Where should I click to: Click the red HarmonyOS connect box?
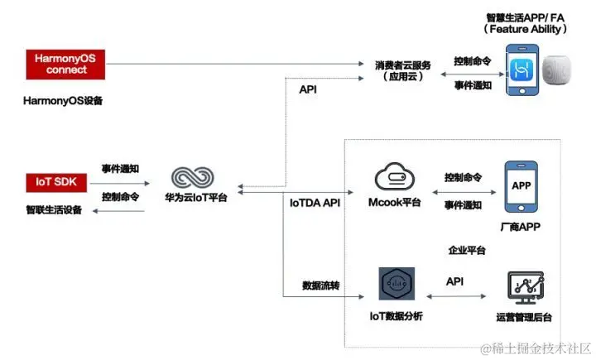coord(67,64)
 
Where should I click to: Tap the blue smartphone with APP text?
coord(521,188)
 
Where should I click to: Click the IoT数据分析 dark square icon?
coord(397,285)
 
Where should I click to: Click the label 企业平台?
coord(467,250)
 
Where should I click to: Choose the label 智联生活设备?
coord(54,210)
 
